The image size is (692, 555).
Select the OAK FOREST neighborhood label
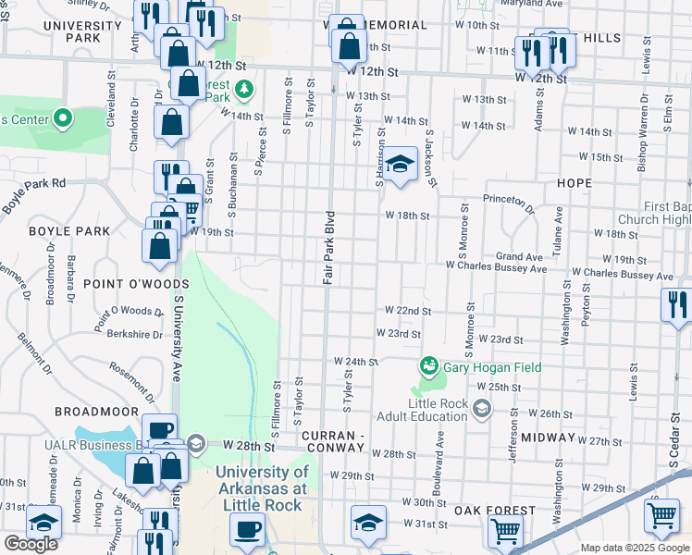[494, 511]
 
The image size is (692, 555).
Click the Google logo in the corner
[31, 544]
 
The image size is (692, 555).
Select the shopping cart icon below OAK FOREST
[505, 531]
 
